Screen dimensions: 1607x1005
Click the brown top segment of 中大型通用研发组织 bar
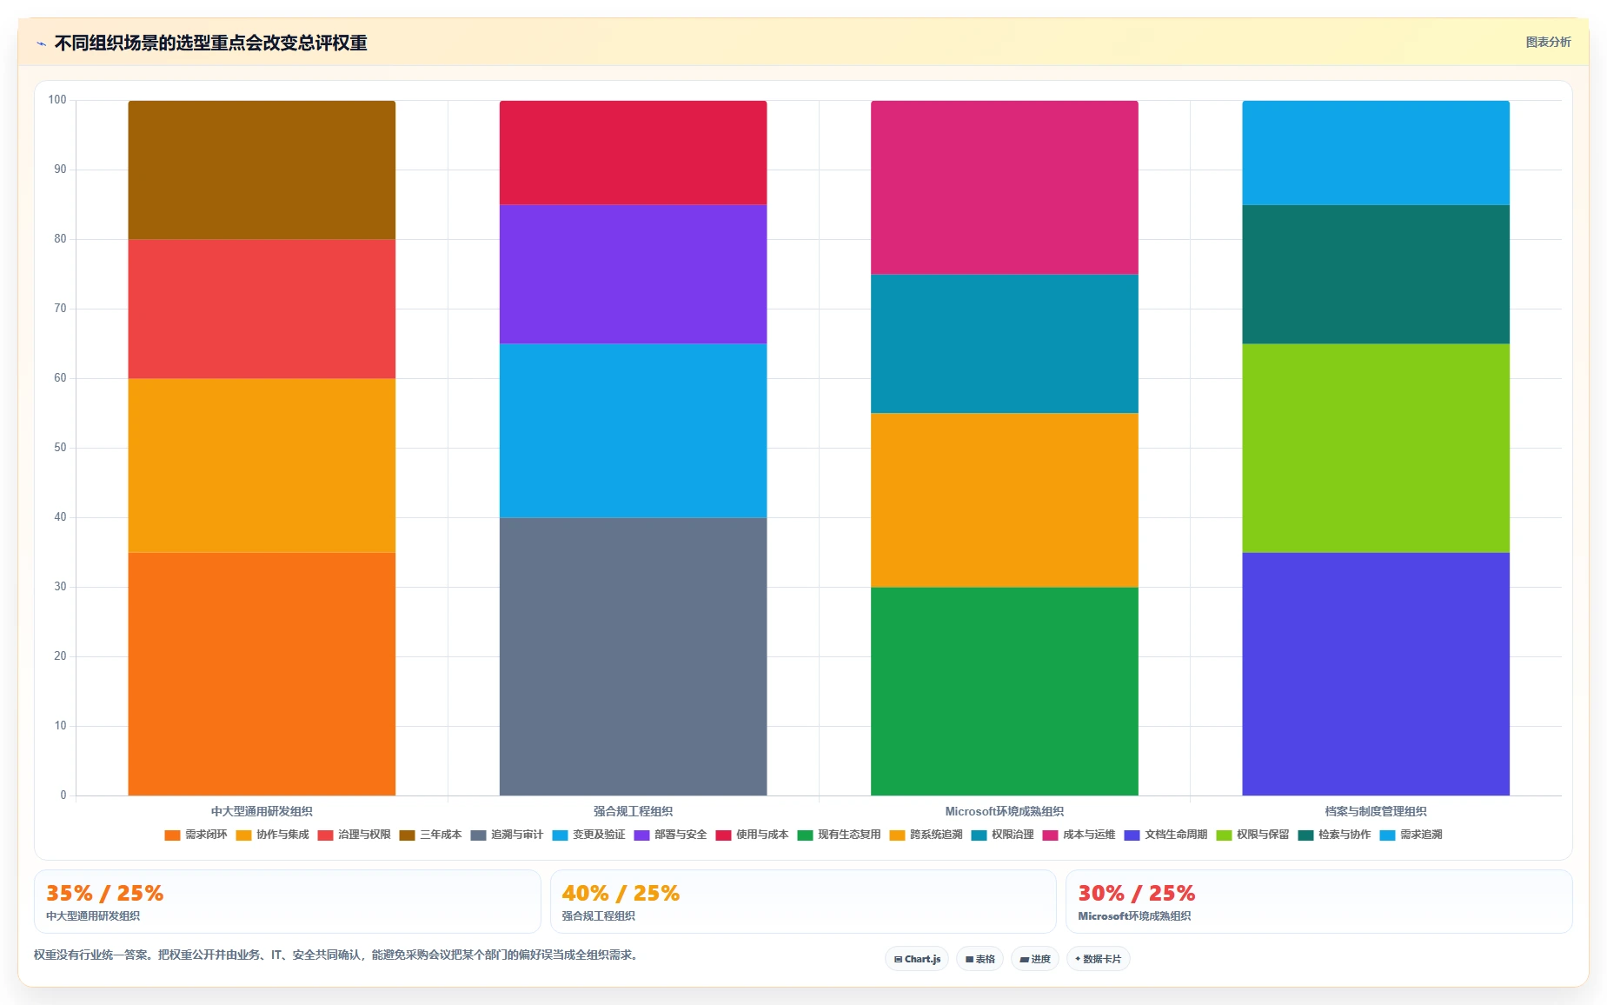[x=262, y=170]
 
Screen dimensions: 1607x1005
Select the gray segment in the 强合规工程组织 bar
[x=633, y=656]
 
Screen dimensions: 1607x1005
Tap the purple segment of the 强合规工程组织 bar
[x=633, y=274]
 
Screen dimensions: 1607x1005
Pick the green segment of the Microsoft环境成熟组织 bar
[x=1005, y=691]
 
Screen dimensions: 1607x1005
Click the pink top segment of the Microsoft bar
[x=1005, y=187]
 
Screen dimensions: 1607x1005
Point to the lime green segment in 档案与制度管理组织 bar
[x=1376, y=448]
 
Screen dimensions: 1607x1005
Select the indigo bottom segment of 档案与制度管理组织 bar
[x=1376, y=674]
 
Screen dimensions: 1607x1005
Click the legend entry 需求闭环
[x=196, y=835]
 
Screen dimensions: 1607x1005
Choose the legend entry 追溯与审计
[x=507, y=835]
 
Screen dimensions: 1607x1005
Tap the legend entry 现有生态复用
[x=840, y=835]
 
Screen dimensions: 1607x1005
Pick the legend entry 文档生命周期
[x=1166, y=835]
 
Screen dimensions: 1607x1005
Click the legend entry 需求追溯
[x=1411, y=835]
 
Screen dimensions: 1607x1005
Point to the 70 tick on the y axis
[x=60, y=309]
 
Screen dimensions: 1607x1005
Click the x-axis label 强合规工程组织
[x=633, y=811]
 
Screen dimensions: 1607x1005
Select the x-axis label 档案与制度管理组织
[x=1376, y=811]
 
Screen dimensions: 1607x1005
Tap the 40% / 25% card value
[x=621, y=893]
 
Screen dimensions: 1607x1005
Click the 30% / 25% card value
[x=1137, y=893]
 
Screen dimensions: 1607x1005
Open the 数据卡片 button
[x=1098, y=959]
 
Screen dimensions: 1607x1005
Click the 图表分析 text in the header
[x=1548, y=42]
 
